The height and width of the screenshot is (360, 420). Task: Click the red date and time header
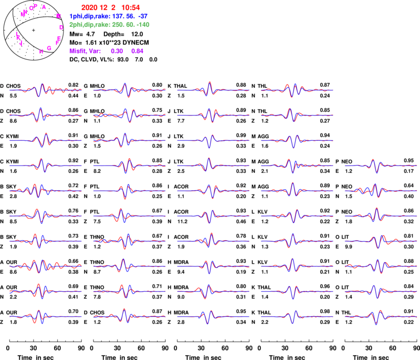(x=111, y=8)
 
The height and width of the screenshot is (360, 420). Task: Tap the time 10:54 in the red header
(x=131, y=8)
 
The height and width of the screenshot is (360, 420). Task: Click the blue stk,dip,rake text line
(x=109, y=16)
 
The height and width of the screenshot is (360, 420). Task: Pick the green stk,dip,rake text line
(x=109, y=24)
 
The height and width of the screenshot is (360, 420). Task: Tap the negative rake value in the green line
(x=142, y=24)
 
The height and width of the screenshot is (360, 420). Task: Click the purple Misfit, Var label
(x=85, y=52)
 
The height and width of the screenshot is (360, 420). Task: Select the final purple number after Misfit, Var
(x=137, y=52)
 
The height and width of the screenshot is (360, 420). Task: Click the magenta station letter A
(x=44, y=7)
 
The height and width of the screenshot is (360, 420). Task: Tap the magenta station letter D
(x=61, y=27)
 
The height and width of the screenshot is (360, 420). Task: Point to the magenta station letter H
(x=41, y=52)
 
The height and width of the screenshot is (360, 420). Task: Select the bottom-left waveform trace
(x=45, y=316)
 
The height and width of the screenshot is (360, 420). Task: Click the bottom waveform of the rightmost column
(x=381, y=316)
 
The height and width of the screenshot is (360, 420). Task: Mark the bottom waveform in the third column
(x=213, y=316)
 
